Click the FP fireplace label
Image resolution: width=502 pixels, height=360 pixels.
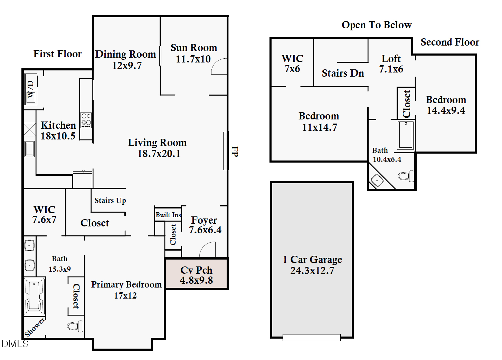(x=235, y=151)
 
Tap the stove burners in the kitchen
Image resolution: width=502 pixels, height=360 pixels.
(x=86, y=120)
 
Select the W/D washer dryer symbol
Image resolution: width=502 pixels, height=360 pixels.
(x=31, y=89)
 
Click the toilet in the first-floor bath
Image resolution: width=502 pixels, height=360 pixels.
(x=75, y=326)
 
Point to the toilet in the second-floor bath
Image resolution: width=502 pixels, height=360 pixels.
(x=406, y=176)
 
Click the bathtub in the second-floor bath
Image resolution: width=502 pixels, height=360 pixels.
(x=406, y=135)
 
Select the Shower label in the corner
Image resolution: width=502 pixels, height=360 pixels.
(x=35, y=327)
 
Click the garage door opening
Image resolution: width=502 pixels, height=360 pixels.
(x=312, y=337)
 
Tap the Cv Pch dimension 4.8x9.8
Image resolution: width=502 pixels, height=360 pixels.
(x=196, y=280)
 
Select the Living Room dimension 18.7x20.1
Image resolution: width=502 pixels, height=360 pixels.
(x=159, y=154)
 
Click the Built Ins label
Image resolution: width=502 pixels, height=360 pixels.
(x=168, y=215)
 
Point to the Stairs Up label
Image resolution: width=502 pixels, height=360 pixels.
(x=110, y=201)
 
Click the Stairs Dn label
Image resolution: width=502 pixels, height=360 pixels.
(x=343, y=73)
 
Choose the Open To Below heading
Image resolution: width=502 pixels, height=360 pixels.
(x=377, y=25)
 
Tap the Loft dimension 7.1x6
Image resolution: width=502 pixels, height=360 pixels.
(x=391, y=69)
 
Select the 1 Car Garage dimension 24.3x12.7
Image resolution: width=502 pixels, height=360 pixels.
(x=312, y=271)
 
